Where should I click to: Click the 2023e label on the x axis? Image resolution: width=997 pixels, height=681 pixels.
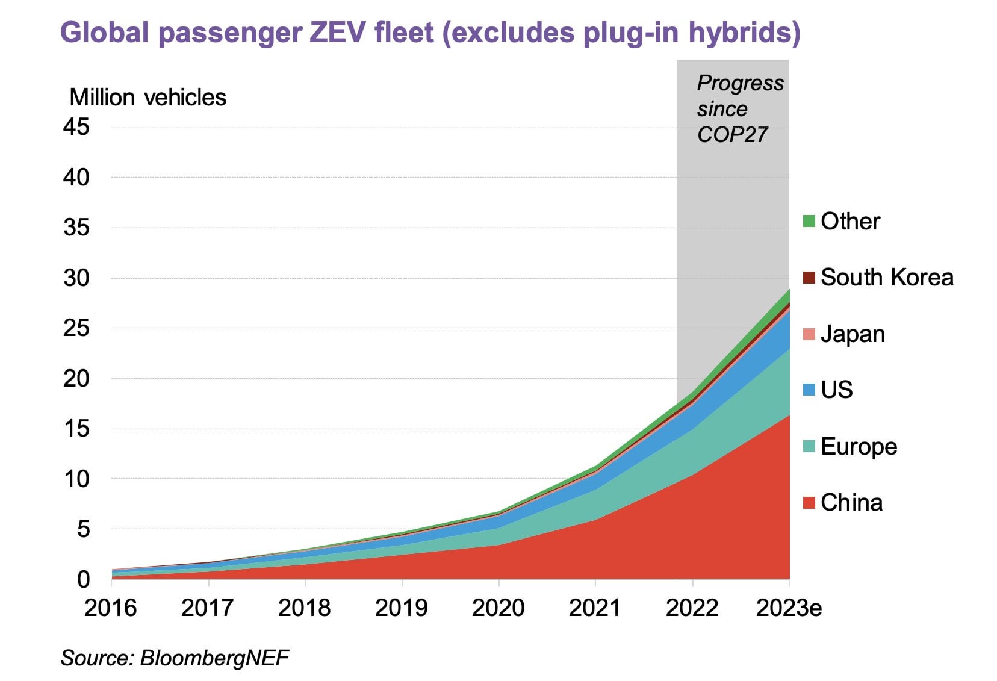point(788,608)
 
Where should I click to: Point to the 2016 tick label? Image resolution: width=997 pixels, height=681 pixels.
point(111,608)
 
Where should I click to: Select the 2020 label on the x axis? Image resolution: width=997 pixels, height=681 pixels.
point(498,608)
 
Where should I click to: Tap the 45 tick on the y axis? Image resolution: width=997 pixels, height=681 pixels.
point(76,127)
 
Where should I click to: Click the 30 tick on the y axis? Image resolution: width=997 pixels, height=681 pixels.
point(76,278)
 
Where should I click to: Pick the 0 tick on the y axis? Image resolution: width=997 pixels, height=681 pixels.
point(83,579)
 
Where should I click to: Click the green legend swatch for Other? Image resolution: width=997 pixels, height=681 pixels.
point(809,222)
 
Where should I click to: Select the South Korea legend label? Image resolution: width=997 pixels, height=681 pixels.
point(887,278)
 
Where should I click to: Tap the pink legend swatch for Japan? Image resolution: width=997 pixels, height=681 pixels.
point(809,334)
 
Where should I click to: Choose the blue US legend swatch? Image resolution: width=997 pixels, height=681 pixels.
point(809,390)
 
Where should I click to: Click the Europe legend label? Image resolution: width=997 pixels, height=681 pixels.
point(859,447)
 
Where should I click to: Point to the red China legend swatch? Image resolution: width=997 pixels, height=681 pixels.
point(809,503)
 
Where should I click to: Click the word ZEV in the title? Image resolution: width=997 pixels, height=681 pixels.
point(338,33)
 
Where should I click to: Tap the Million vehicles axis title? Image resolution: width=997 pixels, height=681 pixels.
point(148,98)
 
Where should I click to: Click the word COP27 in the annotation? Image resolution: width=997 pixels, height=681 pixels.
point(732,135)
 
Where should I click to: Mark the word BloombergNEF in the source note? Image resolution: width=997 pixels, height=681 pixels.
point(214,658)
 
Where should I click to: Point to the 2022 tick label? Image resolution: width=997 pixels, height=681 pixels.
point(692,608)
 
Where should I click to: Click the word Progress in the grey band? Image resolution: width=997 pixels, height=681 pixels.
point(741,83)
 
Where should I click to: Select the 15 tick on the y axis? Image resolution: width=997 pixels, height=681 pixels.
point(76,429)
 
